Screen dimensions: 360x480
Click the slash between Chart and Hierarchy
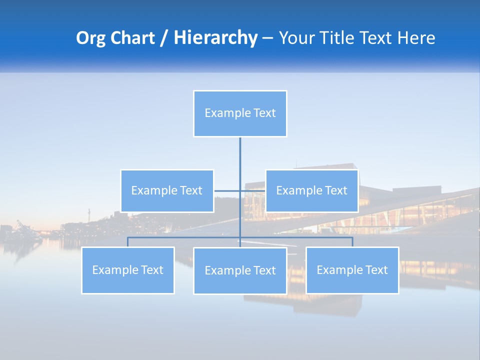[x=163, y=38]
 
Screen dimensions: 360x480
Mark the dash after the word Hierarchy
[x=267, y=38]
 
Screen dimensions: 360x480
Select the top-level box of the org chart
[x=240, y=113]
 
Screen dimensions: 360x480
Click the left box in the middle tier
[x=167, y=191]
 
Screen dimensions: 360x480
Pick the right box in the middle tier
[x=311, y=191]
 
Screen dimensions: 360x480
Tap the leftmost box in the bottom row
[x=128, y=270]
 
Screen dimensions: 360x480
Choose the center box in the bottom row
[x=240, y=271]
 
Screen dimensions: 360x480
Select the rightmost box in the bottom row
[x=352, y=270]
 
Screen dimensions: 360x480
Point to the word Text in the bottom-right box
[x=376, y=270]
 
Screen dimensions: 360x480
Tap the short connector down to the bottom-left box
[x=128, y=242]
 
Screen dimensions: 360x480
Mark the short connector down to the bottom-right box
[x=352, y=242]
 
